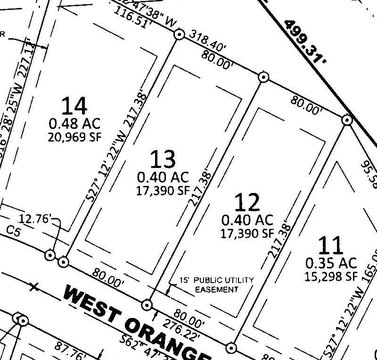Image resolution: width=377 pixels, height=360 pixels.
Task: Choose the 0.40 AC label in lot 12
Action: pos(247,218)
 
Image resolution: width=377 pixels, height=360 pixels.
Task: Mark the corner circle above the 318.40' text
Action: pos(179,35)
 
